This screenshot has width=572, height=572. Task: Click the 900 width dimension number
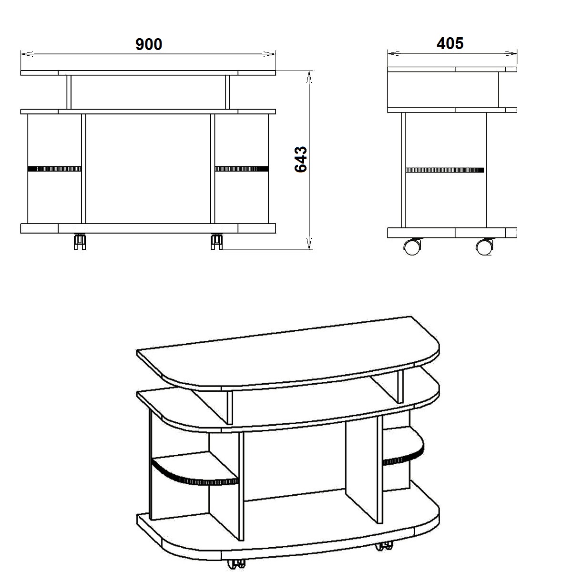click(x=149, y=44)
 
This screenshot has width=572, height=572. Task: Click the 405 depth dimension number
click(x=450, y=43)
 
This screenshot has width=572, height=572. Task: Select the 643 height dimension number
click(x=300, y=159)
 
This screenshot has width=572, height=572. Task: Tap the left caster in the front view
click(x=80, y=242)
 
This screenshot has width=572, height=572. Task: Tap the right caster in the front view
click(x=217, y=242)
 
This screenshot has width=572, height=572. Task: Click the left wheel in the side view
click(x=412, y=246)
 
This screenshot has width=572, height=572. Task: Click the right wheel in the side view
click(x=484, y=246)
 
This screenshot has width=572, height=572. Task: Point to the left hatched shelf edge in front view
click(x=54, y=169)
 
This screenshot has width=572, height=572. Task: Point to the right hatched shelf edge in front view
click(x=242, y=169)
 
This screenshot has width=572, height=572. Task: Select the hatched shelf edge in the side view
click(x=445, y=170)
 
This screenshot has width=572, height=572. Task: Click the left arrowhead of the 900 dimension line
click(x=27, y=54)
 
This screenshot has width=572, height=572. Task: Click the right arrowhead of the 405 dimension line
click(x=511, y=53)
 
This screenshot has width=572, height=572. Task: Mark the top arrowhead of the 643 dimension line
click(x=309, y=77)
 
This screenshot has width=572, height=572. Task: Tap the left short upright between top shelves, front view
click(x=69, y=92)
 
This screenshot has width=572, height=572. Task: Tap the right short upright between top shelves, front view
click(x=228, y=92)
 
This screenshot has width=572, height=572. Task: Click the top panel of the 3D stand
click(x=288, y=353)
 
